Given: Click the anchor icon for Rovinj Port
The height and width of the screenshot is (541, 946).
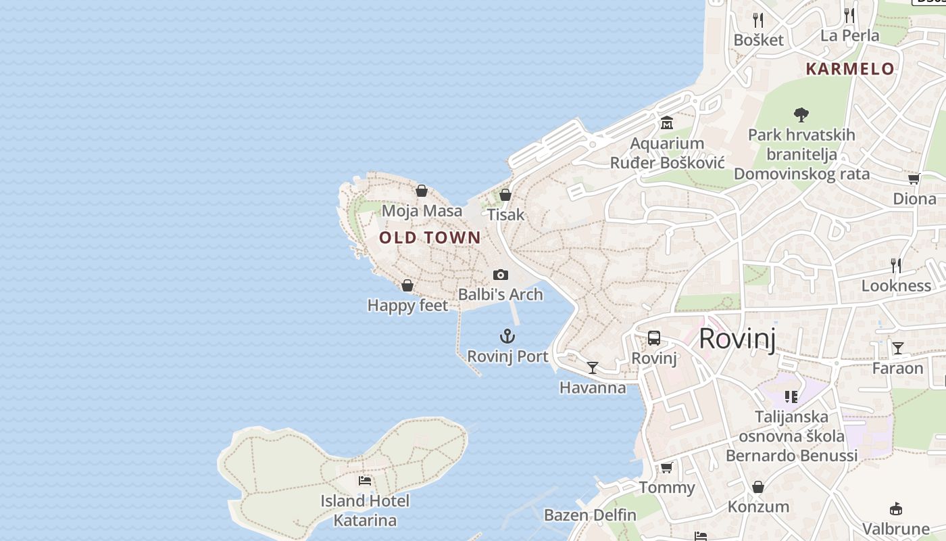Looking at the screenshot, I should [x=507, y=336].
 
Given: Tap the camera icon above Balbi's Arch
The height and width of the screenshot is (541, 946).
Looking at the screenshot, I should [x=500, y=275].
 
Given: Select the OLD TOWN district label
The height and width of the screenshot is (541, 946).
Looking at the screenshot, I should [x=430, y=237].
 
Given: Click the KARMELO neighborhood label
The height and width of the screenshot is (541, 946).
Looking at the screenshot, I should [x=850, y=69].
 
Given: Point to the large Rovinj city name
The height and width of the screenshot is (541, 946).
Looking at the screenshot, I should [x=737, y=338].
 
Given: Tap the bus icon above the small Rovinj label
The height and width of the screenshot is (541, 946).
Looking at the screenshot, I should [x=653, y=338].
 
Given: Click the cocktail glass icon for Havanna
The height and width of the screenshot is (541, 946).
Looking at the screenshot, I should [x=593, y=368].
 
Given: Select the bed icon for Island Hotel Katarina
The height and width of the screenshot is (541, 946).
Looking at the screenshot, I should [x=365, y=481].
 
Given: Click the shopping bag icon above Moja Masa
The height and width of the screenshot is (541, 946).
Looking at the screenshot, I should [x=422, y=191].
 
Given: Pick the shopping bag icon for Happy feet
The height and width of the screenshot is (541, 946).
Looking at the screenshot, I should [x=407, y=285].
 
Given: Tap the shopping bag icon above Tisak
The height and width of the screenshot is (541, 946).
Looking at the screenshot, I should [x=505, y=195].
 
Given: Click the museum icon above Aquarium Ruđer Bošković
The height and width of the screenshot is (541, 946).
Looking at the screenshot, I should [x=667, y=123].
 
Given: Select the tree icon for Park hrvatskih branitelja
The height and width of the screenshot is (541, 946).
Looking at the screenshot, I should [x=801, y=115].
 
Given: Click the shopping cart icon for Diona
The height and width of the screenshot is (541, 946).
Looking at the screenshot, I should [x=914, y=179].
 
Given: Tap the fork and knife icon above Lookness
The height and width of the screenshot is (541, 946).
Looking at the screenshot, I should [x=896, y=265].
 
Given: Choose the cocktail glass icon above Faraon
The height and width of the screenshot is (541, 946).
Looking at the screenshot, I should [x=897, y=348].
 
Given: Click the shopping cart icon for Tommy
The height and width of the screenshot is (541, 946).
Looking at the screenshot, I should [x=666, y=468].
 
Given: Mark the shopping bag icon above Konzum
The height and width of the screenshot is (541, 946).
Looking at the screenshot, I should [x=758, y=487].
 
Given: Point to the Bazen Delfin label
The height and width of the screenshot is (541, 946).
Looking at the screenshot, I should [x=590, y=515].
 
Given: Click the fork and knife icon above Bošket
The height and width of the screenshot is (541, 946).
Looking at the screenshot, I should [x=758, y=20].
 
